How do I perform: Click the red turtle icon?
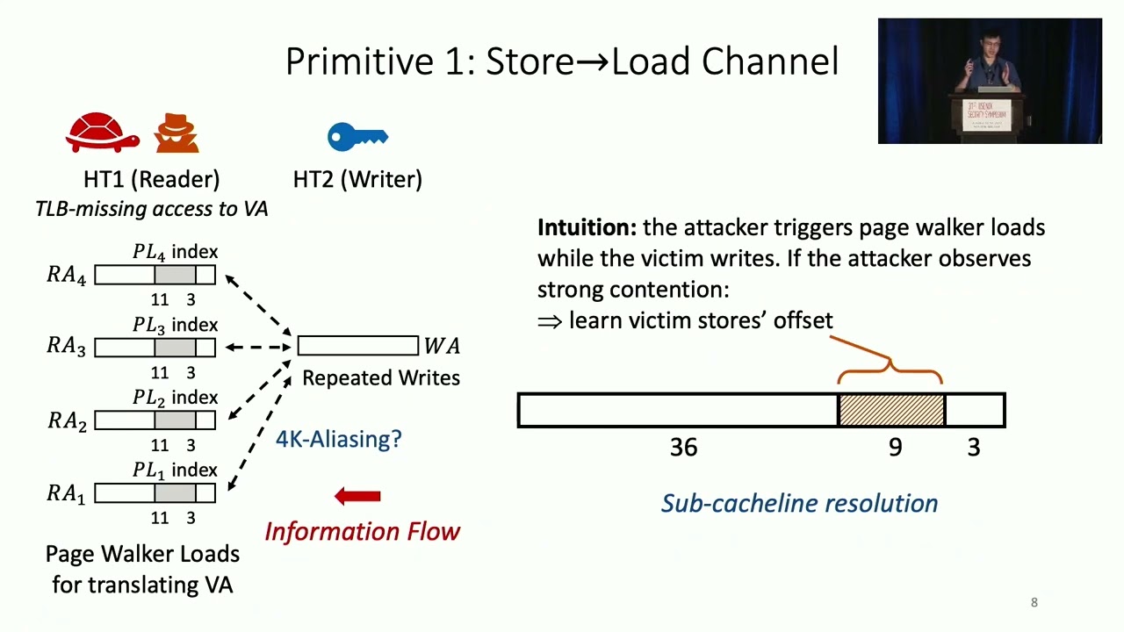tap(102, 133)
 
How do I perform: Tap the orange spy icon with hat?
tap(177, 133)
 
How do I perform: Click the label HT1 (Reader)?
tap(151, 179)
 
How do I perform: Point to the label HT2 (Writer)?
tap(357, 179)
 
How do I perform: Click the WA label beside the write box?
tap(441, 346)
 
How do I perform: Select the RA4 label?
tap(67, 276)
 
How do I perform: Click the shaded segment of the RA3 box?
tap(175, 348)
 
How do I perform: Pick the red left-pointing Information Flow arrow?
tap(357, 497)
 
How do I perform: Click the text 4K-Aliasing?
tap(338, 438)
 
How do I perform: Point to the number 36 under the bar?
tap(683, 448)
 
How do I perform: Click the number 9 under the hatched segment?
tap(895, 448)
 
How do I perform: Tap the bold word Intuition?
tap(587, 227)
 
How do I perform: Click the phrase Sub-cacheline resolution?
tap(799, 503)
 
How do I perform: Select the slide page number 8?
tap(1034, 602)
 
